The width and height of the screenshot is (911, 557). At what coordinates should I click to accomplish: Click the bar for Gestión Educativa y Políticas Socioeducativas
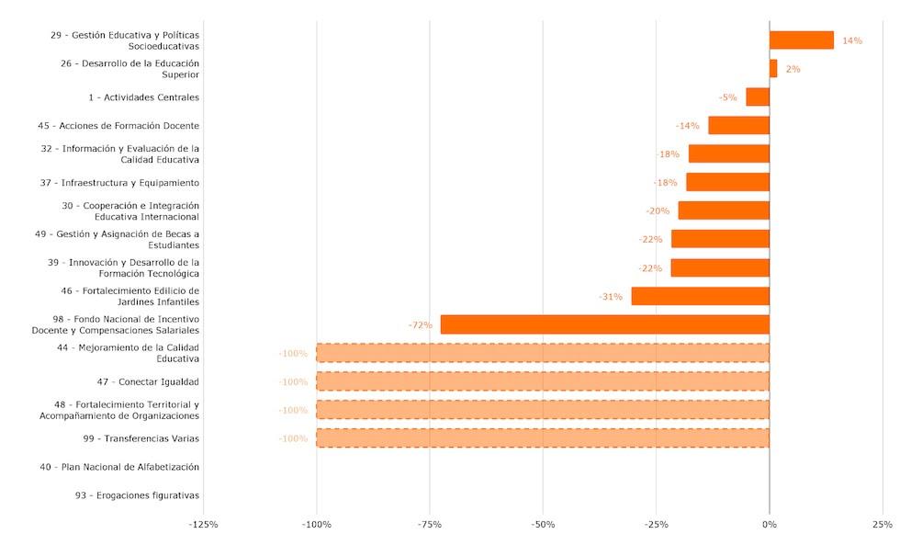(x=801, y=40)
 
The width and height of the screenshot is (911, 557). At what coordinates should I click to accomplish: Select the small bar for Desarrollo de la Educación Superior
(x=773, y=69)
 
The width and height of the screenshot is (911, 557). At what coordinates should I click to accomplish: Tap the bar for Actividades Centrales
(x=758, y=97)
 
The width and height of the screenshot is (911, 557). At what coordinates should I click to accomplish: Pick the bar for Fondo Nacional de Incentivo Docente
(x=604, y=324)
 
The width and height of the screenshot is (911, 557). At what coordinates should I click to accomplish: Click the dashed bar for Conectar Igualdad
(x=543, y=381)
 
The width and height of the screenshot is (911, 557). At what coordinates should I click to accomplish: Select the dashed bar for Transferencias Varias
(x=543, y=438)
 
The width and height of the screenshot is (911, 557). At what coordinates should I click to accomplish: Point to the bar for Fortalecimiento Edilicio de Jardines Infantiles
(x=700, y=296)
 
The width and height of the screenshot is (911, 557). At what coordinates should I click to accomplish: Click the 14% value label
(x=852, y=40)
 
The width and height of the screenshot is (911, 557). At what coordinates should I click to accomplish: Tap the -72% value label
(x=421, y=325)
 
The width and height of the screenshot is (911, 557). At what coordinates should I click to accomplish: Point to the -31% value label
(x=611, y=296)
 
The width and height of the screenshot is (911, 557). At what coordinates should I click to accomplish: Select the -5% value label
(x=728, y=97)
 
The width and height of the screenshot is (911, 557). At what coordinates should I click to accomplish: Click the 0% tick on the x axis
(x=770, y=525)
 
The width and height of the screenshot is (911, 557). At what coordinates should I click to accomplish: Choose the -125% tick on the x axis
(x=203, y=525)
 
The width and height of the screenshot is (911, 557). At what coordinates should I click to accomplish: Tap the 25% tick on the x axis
(x=883, y=525)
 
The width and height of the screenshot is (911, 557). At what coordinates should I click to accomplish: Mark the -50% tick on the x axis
(x=543, y=525)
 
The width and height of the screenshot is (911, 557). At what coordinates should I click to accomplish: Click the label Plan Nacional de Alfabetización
(x=119, y=467)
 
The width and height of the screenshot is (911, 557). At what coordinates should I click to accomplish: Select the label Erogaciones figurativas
(x=138, y=495)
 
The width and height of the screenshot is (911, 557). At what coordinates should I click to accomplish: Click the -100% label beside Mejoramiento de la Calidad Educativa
(x=293, y=354)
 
